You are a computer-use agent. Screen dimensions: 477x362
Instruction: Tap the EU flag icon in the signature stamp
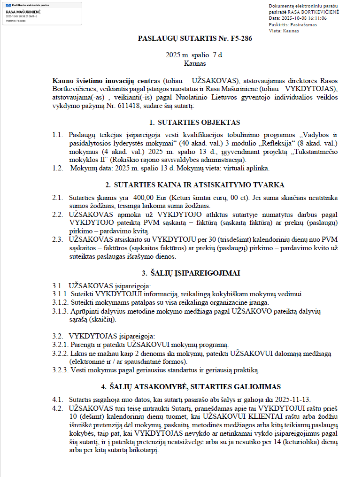tap(8, 6)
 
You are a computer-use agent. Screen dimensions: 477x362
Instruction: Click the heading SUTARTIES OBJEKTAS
tap(194, 123)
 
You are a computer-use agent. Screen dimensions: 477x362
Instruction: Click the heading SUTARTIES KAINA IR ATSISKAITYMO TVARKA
tap(194, 185)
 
